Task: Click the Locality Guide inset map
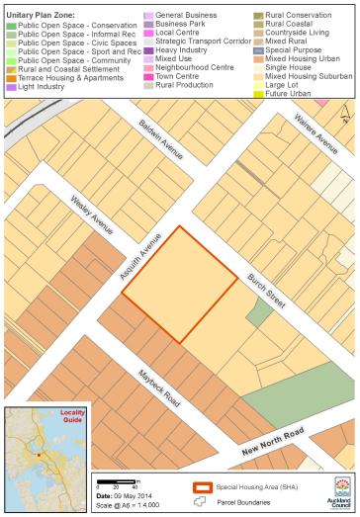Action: pos(39,447)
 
